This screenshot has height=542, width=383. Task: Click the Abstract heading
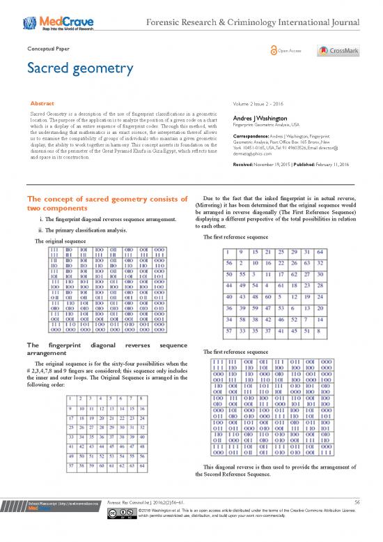[x=42, y=103]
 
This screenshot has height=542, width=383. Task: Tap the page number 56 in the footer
[x=357, y=520]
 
